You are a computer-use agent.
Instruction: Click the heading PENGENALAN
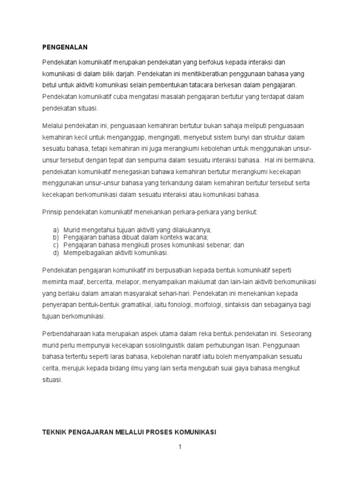pyautogui.click(x=65, y=47)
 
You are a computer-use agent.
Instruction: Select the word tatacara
pyautogui.click(x=215, y=86)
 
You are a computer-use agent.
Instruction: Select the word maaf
pyautogui.click(x=75, y=282)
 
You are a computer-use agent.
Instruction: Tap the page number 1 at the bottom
pyautogui.click(x=180, y=447)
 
